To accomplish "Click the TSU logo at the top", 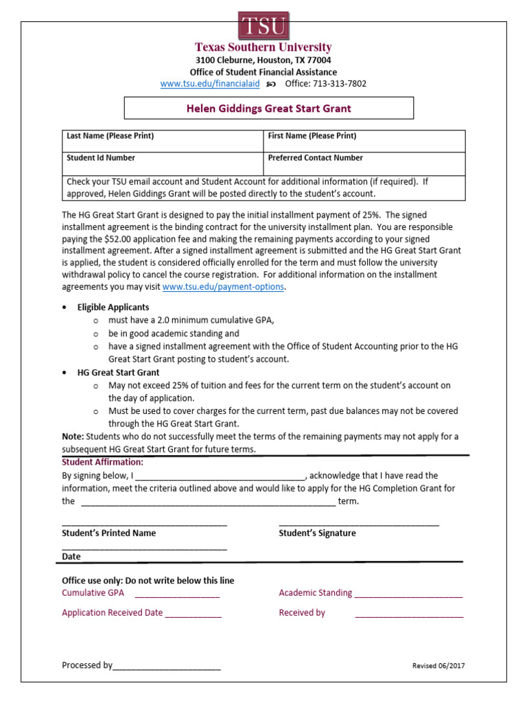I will pyautogui.click(x=263, y=25).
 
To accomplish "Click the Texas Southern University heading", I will pyautogui.click(x=263, y=47).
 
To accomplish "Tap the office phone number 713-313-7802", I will pyautogui.click(x=340, y=84).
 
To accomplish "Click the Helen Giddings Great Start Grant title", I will pyautogui.click(x=268, y=108).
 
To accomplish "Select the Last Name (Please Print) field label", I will pyautogui.click(x=110, y=136).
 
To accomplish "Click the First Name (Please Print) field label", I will pyautogui.click(x=312, y=136).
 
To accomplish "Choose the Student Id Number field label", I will pyautogui.click(x=100, y=158).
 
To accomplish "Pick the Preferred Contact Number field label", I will pyautogui.click(x=315, y=158).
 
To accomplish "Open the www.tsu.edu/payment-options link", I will pyautogui.click(x=223, y=287).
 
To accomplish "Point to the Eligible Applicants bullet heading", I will pyautogui.click(x=113, y=307).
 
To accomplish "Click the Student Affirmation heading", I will pyautogui.click(x=102, y=462).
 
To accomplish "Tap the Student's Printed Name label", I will pyautogui.click(x=108, y=533).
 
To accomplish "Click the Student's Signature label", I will pyautogui.click(x=317, y=533).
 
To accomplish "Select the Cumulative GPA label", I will pyautogui.click(x=93, y=592).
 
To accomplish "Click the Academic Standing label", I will pyautogui.click(x=315, y=592).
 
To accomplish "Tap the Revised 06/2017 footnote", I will pyautogui.click(x=438, y=666).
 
